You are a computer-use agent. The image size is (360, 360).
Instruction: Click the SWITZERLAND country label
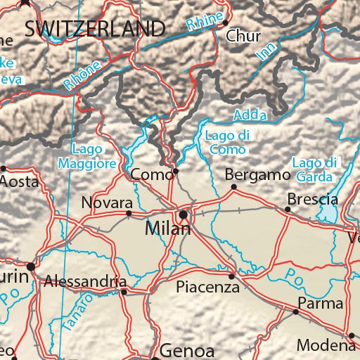tap(94, 29)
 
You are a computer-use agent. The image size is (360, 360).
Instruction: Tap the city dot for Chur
tap(225, 22)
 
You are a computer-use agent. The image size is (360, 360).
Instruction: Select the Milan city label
tap(168, 229)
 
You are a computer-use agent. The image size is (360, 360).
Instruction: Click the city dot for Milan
tap(184, 214)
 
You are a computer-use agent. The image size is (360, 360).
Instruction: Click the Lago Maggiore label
tap(94, 156)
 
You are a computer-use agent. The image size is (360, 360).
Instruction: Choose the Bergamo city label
tap(257, 174)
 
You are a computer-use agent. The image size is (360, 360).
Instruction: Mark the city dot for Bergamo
tap(234, 186)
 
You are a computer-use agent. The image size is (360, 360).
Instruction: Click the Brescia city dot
tap(288, 209)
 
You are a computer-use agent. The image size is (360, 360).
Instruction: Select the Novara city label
tap(107, 202)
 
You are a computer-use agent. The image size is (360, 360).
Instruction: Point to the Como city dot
tap(176, 171)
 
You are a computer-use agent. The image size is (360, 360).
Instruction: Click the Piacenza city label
tap(207, 287)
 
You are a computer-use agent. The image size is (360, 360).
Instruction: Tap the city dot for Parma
tap(295, 311)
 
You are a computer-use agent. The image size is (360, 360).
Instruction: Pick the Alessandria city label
tap(85, 281)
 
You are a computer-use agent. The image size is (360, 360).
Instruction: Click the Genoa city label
tap(186, 349)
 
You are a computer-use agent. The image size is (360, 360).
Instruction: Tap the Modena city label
tap(325, 345)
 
